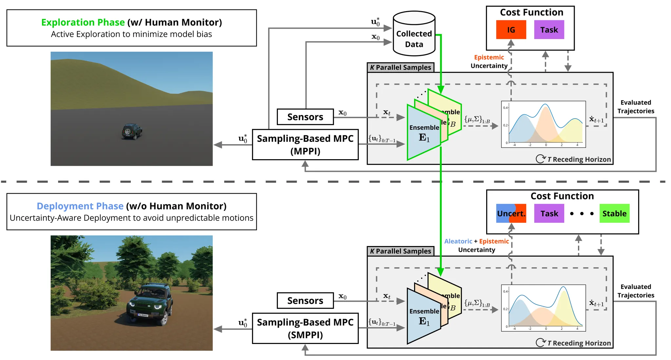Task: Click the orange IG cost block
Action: tap(511, 30)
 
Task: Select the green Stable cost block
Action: tap(614, 214)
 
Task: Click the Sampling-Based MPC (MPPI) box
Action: tap(305, 144)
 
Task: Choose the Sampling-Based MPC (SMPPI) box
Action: tap(305, 328)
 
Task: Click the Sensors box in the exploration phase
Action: tap(305, 117)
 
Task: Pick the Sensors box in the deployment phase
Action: tap(305, 301)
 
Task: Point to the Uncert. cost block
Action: tap(511, 214)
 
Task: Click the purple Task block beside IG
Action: tap(549, 30)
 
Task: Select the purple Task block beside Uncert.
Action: tap(549, 214)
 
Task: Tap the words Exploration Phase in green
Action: tap(83, 22)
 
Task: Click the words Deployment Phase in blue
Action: tap(80, 206)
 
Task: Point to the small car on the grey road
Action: tap(132, 131)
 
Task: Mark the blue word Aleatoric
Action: tap(458, 241)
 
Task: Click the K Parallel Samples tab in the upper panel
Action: tap(400, 67)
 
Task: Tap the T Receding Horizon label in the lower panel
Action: tap(579, 343)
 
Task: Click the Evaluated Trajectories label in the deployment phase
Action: tap(636, 291)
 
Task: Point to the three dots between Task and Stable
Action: tap(582, 214)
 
